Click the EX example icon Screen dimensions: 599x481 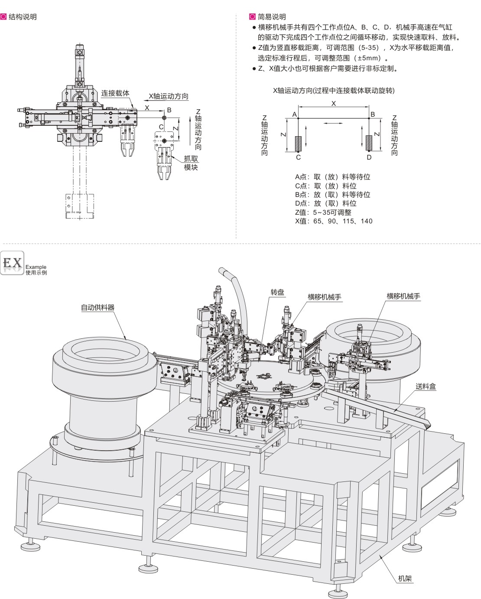tap(13, 262)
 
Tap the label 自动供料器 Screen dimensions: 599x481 tap(97, 307)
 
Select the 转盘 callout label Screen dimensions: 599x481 tap(277, 292)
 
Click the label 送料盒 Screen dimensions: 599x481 tap(426, 386)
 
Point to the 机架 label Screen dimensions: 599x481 tap(405, 566)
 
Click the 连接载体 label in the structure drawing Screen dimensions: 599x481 tap(116, 93)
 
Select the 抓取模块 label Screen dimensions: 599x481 tap(191, 163)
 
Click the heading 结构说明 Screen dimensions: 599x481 tap(23, 17)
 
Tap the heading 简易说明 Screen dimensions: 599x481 tap(272, 17)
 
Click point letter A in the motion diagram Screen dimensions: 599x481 tap(294, 114)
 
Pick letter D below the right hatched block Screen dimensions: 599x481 tap(369, 157)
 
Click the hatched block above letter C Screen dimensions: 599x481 tap(298, 143)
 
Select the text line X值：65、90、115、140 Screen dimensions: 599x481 tap(334, 221)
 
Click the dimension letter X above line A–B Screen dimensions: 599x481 tap(333, 103)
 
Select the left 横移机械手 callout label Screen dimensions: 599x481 tap(324, 297)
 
